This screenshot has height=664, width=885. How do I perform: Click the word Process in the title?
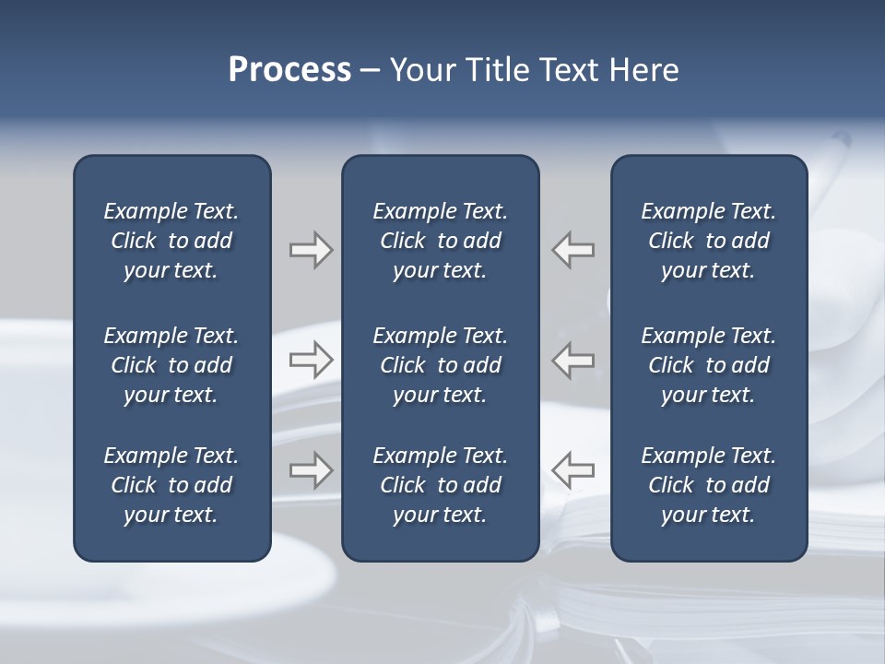289,70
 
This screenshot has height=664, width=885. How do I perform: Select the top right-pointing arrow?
311,250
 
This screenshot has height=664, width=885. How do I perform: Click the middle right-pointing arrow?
311,360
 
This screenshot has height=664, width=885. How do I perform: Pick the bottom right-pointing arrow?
311,470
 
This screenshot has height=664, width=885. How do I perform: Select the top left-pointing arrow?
573,250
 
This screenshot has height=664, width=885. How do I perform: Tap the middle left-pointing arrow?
573,360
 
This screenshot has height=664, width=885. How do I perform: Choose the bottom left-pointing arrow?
573,470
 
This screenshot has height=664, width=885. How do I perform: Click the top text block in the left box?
171,241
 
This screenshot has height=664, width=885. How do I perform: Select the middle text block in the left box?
171,365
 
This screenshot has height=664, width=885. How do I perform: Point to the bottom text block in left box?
171,485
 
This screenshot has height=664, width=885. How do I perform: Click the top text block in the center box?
440,241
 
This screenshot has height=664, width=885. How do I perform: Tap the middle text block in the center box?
440,365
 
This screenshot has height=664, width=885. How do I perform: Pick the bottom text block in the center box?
440,485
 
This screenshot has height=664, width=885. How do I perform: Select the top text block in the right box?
708,241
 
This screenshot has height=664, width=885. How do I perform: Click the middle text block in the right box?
708,365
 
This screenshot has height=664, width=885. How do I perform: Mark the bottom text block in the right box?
708,485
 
